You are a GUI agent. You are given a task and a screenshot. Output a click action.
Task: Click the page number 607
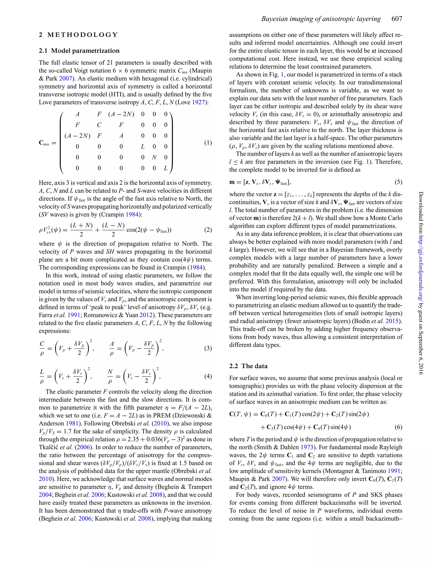397,19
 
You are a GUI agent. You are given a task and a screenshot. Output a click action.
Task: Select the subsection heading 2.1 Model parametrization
79,51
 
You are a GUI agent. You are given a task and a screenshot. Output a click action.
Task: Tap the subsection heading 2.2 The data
248,366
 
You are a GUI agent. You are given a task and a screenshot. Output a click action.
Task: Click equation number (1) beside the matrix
208,143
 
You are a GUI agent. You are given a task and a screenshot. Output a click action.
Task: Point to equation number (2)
208,230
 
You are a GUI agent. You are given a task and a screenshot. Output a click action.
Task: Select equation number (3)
208,348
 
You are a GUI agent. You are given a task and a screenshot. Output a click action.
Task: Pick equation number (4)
208,376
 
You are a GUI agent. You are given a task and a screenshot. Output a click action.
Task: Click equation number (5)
398,182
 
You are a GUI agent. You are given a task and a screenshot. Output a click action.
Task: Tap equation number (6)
398,427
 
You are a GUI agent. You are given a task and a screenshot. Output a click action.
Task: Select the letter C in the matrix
99,125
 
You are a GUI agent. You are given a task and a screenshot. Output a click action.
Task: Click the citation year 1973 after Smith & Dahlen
307,447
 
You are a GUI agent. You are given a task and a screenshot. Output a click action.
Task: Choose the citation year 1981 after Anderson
72,423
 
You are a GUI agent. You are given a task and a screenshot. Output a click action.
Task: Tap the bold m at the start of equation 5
232,183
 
